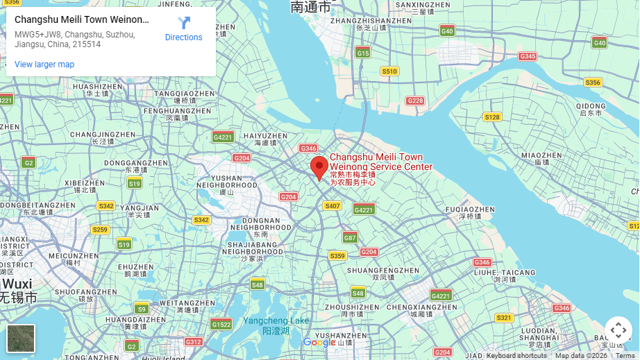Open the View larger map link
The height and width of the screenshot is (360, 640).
[x=44, y=65]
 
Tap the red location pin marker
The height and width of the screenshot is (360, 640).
[x=319, y=168]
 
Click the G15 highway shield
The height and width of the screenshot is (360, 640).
[x=362, y=53]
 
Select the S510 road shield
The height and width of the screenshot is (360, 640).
[x=389, y=71]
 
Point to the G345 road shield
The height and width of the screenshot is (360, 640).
[x=528, y=56]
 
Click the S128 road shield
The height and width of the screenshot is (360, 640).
[x=492, y=117]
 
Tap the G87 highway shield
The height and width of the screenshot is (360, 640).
[x=350, y=237]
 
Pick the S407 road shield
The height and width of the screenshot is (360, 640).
[x=332, y=206]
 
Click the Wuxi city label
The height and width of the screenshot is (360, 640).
[x=17, y=284]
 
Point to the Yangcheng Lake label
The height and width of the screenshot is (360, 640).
[x=276, y=320]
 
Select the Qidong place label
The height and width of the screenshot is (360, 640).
[x=591, y=105]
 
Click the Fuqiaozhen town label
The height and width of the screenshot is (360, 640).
[x=470, y=209]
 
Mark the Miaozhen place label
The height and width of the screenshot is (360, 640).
[x=541, y=155]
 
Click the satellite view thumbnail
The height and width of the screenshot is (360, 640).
[x=21, y=338]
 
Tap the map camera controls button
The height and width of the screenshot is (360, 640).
[x=618, y=330]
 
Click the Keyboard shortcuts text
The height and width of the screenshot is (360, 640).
[x=516, y=356]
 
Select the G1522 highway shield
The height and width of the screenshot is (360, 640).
[x=221, y=324]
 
